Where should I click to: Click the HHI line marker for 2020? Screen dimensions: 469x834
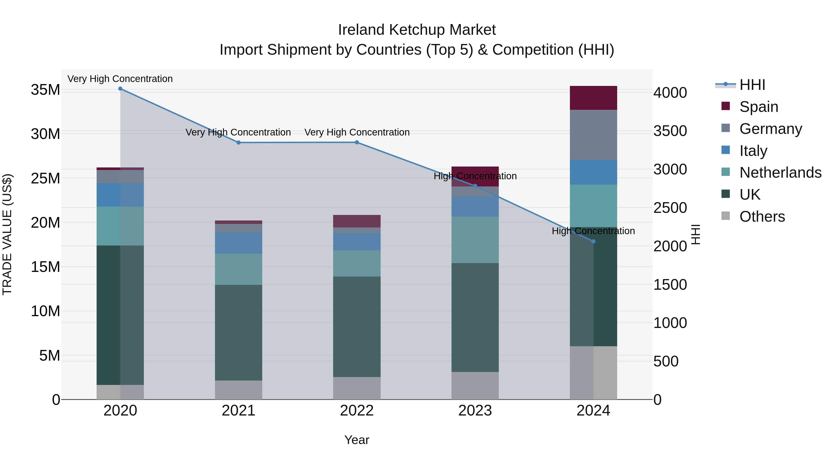click(x=120, y=89)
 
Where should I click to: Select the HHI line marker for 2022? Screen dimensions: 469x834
click(x=357, y=142)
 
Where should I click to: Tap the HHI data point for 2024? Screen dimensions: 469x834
click(x=594, y=242)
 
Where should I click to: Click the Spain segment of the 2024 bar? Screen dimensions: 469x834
click(x=594, y=98)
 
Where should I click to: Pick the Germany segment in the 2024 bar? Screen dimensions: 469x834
click(x=594, y=135)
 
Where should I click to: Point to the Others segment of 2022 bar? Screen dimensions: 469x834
click(x=357, y=388)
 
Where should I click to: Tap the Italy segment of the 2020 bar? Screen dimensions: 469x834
click(x=120, y=195)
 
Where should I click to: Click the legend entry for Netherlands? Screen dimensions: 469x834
click(x=780, y=173)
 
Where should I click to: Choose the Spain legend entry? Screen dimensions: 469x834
click(x=758, y=107)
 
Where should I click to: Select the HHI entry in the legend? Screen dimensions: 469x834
click(x=752, y=85)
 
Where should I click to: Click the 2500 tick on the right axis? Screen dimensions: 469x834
click(x=670, y=208)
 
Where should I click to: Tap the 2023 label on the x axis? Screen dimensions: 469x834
click(x=475, y=411)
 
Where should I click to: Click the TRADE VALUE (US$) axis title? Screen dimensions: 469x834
click(x=7, y=234)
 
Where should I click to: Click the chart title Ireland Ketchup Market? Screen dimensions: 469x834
click(x=417, y=30)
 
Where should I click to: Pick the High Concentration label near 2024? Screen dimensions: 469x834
click(x=593, y=231)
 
